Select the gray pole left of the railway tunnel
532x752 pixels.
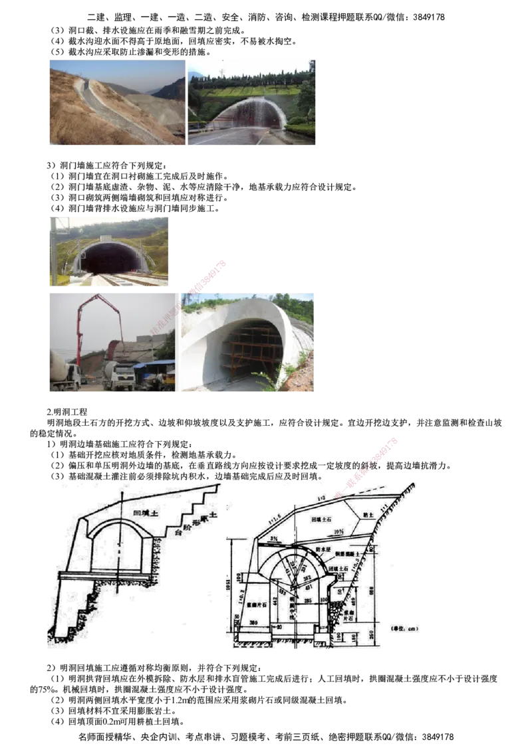coord(53,249)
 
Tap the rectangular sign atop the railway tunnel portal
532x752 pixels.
coord(106,238)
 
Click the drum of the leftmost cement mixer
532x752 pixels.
coord(59,365)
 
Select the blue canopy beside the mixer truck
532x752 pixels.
coord(154,364)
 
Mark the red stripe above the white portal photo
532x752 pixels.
coord(208,275)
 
